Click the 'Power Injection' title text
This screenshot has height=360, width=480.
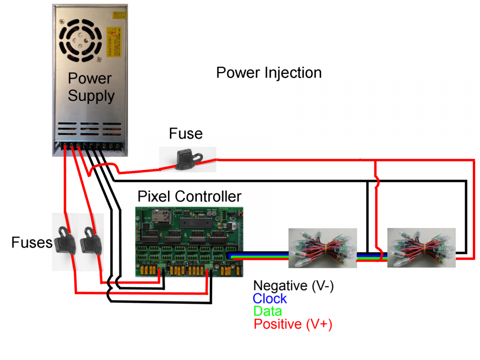click(x=269, y=72)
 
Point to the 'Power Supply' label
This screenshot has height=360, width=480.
click(x=90, y=87)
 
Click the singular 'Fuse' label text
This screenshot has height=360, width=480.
click(x=186, y=133)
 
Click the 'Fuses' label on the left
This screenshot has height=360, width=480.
click(x=32, y=243)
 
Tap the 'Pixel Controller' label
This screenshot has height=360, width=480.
click(x=189, y=196)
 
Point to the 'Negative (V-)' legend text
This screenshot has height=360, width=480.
click(x=293, y=286)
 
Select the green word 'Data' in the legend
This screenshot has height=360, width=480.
click(x=267, y=311)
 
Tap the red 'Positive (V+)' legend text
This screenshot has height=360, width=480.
click(x=293, y=324)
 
